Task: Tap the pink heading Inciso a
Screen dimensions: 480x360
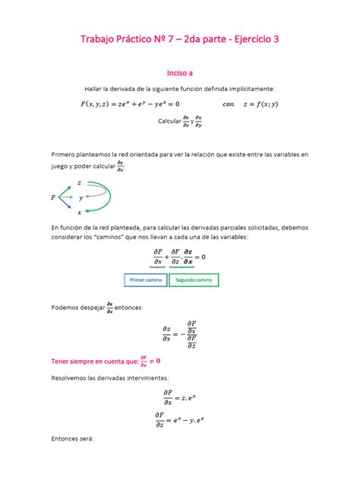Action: point(179,73)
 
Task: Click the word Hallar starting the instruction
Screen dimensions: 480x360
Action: point(100,90)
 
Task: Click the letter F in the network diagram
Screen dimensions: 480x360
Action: point(53,197)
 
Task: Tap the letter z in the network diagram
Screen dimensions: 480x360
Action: point(80,183)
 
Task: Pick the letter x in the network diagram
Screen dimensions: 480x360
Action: point(79,213)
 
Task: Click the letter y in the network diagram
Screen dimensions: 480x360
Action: point(81,197)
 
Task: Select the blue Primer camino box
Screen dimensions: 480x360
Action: point(146,280)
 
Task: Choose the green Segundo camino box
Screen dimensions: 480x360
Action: point(194,280)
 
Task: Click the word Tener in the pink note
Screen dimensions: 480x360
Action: point(62,361)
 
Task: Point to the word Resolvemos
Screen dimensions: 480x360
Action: point(74,377)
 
